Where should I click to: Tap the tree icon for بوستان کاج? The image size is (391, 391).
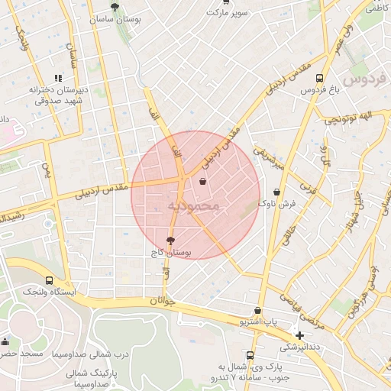click(x=170, y=240)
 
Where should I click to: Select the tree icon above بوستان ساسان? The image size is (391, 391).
click(x=115, y=7)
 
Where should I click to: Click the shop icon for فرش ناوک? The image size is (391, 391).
click(x=276, y=192)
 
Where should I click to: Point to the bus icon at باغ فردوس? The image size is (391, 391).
click(x=318, y=78)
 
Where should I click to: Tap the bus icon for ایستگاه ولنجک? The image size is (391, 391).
click(x=50, y=280)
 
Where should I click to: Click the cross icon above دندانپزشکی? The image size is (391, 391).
click(x=299, y=335)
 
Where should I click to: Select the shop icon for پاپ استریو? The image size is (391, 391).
click(x=257, y=311)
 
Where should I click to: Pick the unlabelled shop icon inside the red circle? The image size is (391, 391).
click(x=202, y=182)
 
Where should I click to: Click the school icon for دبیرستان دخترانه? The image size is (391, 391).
click(x=58, y=78)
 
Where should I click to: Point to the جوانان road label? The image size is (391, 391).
click(x=163, y=301)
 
